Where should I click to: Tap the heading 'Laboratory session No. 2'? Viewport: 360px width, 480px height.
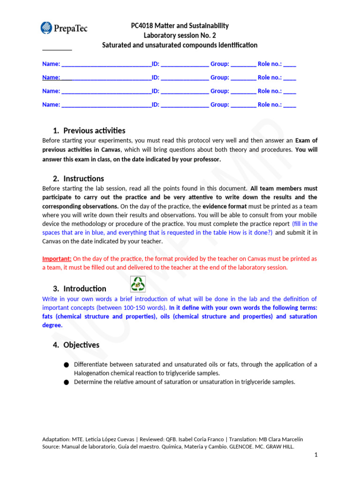click(x=180, y=36)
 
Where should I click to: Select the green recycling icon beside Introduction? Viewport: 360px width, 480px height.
click(x=138, y=284)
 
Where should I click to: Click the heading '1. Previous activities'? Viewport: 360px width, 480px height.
click(x=89, y=131)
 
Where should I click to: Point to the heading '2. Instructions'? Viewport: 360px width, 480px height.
click(x=78, y=179)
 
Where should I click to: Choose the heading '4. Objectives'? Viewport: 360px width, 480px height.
click(x=76, y=345)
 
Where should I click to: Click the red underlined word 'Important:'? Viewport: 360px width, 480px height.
click(x=57, y=259)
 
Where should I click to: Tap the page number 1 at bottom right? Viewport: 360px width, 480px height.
click(x=316, y=455)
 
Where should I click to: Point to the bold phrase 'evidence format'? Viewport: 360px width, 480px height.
click(x=222, y=206)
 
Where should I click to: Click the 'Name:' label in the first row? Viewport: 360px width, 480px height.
click(x=51, y=64)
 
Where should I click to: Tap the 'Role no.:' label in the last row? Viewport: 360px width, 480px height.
click(x=270, y=105)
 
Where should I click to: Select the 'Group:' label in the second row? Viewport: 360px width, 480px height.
click(x=219, y=78)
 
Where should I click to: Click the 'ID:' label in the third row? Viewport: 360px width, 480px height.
click(x=155, y=91)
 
